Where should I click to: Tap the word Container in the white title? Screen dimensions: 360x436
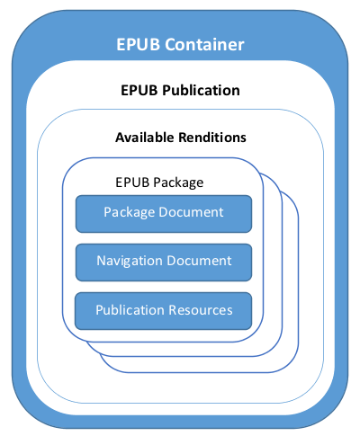[204, 44]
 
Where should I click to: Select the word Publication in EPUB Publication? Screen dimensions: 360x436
[201, 91]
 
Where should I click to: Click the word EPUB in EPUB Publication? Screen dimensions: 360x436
[139, 91]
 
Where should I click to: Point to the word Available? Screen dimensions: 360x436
[145, 138]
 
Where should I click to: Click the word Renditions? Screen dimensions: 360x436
[212, 138]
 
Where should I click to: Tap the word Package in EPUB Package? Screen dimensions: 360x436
[178, 183]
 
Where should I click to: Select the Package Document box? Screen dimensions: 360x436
[164, 214]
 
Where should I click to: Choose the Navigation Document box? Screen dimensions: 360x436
[164, 262]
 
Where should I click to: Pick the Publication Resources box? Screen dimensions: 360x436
[164, 311]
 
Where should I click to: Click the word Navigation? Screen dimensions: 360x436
[129, 262]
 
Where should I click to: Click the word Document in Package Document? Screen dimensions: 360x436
[191, 212]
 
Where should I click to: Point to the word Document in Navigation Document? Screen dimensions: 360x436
[199, 261]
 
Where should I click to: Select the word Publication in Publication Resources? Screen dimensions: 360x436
[130, 310]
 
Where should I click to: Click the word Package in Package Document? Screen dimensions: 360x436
[130, 213]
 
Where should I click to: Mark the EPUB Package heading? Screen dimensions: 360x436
[159, 183]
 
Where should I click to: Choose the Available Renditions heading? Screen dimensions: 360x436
[181, 138]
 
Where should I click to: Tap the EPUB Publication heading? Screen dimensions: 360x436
[180, 91]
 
